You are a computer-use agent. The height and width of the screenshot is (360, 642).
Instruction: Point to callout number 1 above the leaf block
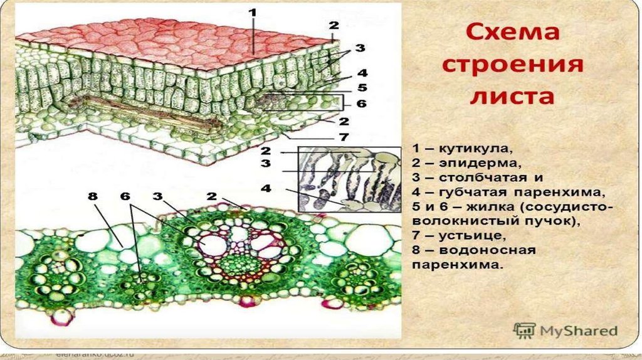[252, 12]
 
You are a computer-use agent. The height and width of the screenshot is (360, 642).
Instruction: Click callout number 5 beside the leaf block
[344, 88]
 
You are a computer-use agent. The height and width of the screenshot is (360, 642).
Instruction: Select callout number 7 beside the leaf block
[343, 136]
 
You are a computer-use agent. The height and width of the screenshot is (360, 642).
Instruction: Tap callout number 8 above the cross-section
[94, 196]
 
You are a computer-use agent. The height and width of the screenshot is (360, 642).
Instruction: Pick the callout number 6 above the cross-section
[126, 196]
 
